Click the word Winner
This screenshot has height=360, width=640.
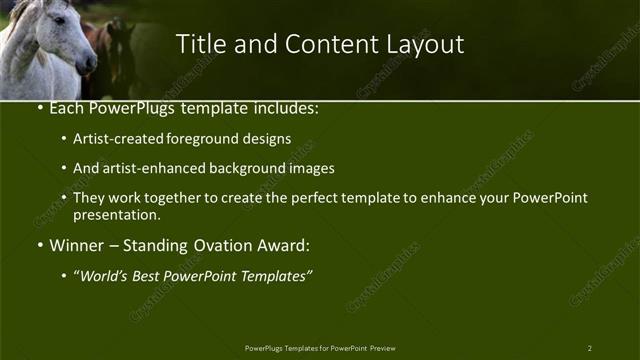77,244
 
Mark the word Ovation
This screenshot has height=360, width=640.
225,244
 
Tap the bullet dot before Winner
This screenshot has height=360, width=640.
39,245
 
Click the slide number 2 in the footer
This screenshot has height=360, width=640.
590,348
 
